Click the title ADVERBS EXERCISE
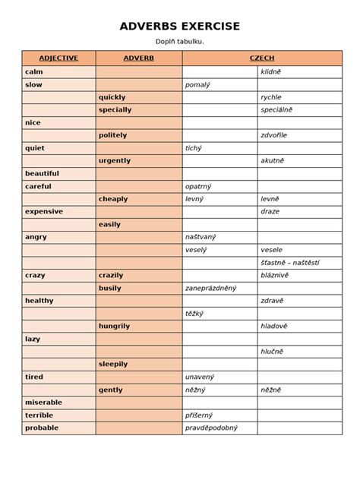coord(180,27)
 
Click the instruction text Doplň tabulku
coord(180,42)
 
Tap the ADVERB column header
coord(138,58)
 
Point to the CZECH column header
coord(262,58)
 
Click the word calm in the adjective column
coord(33,71)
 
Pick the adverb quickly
coord(112,97)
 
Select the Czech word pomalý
coord(197,84)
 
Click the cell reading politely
coord(113,135)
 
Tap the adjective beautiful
coord(42,173)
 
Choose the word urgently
coord(115,161)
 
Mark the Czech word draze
coord(270,212)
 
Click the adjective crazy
coord(35,275)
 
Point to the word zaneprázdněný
coord(210,288)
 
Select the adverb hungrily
coord(115,326)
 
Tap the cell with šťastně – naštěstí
coord(290,262)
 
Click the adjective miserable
coord(43,402)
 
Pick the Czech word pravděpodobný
coord(211,428)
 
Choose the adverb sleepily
coord(113,364)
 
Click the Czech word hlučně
coord(272,352)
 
